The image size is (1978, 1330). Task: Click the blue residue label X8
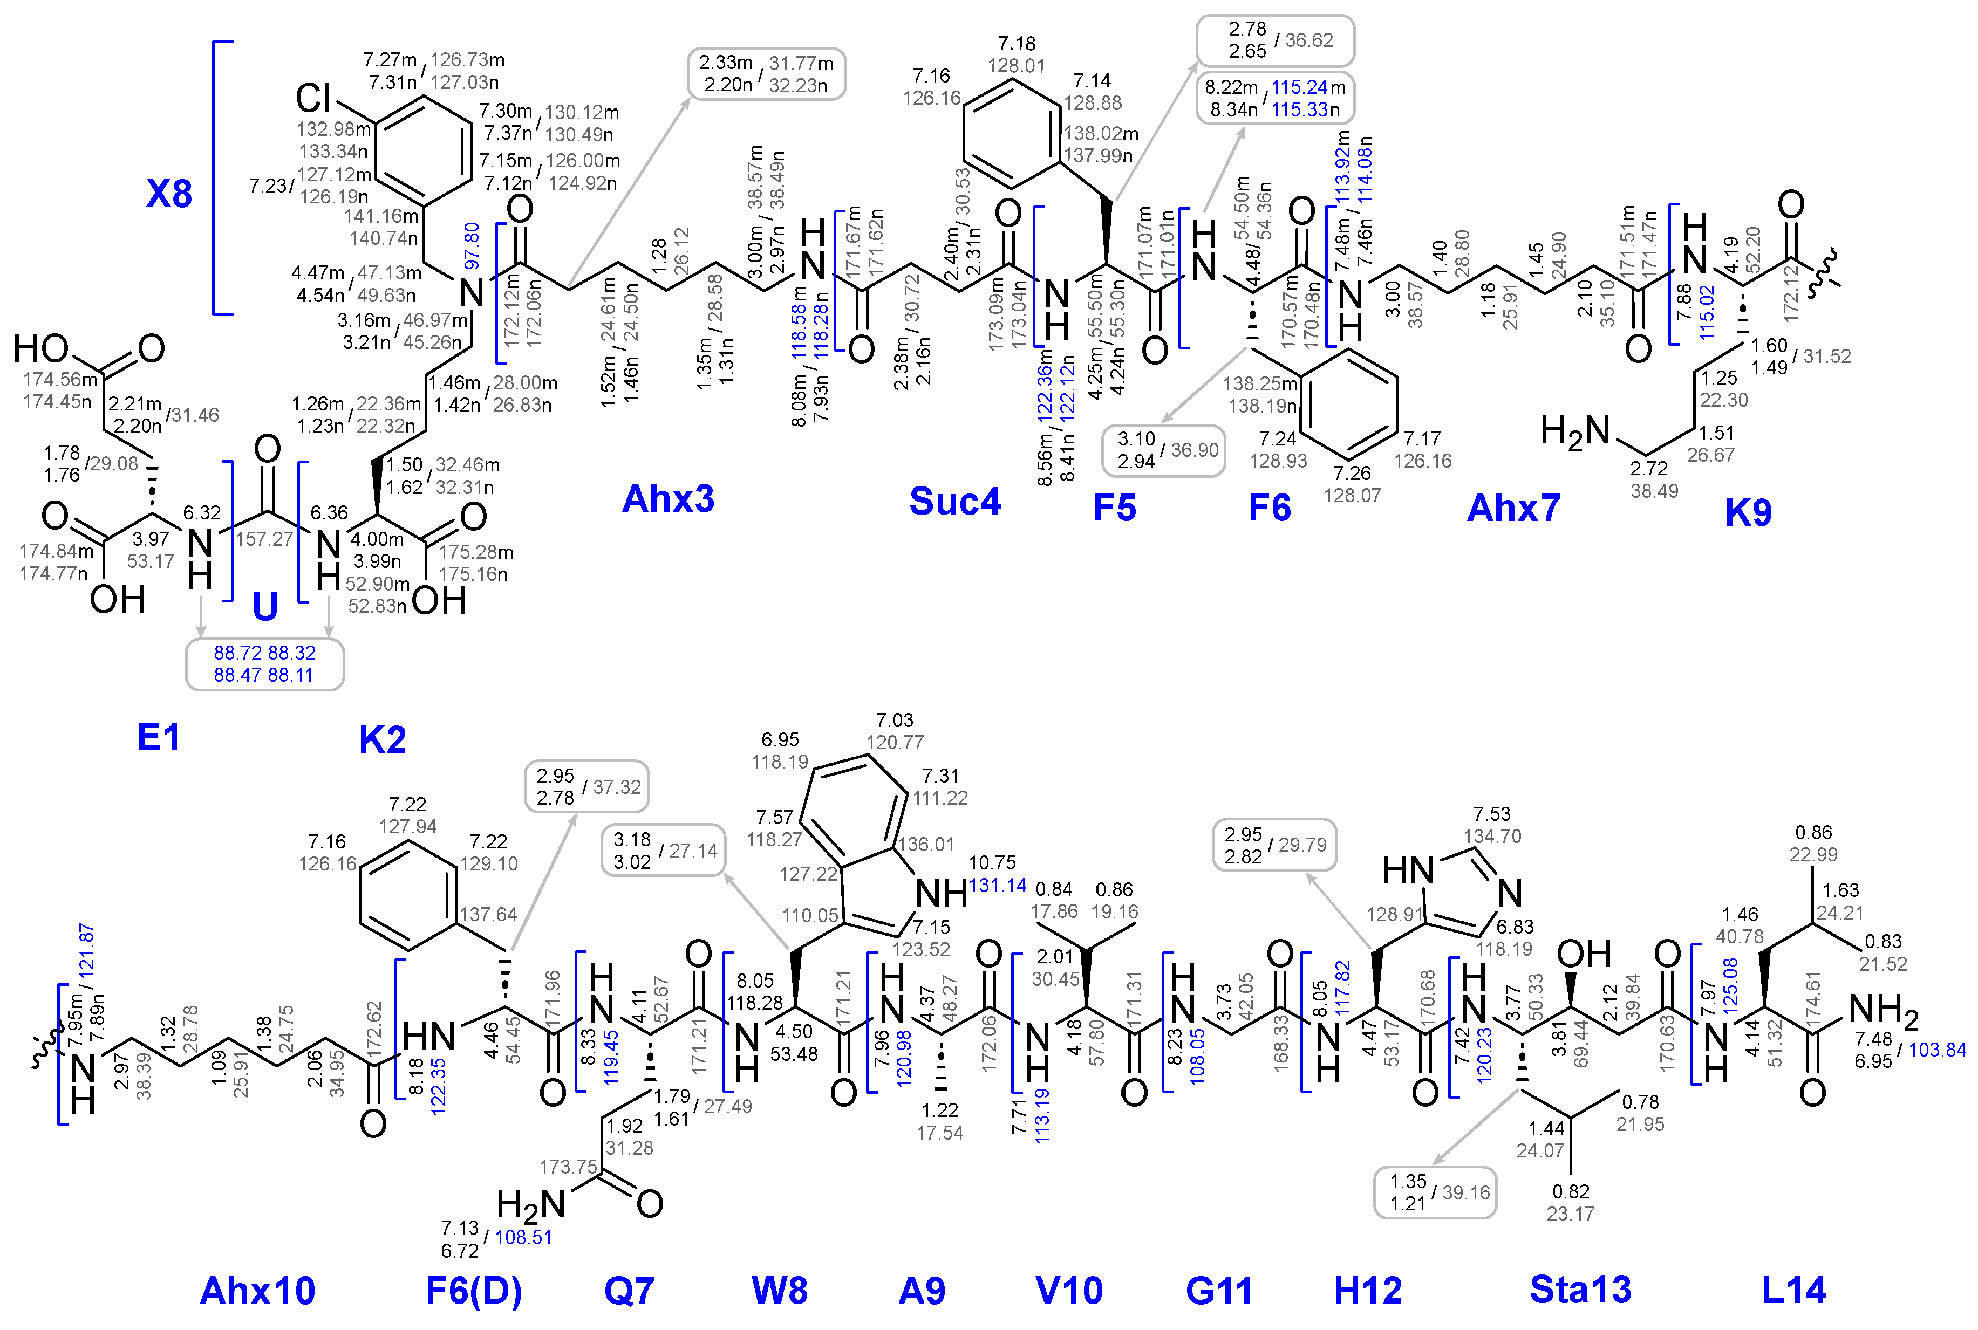click(169, 194)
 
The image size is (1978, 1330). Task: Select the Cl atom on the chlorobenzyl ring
click(312, 98)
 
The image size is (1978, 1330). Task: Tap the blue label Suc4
click(954, 501)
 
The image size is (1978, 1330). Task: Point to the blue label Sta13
click(1580, 1290)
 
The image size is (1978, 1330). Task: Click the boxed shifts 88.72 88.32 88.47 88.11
click(265, 664)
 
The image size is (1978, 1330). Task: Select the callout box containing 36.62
click(1274, 40)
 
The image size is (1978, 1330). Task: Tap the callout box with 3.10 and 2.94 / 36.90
click(1163, 450)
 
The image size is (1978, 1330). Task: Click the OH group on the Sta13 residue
click(1584, 954)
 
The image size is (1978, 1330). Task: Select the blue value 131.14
click(998, 886)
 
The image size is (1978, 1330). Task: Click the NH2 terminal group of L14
click(1883, 1010)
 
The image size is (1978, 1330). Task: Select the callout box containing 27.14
click(664, 851)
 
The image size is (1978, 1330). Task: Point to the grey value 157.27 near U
click(264, 539)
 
